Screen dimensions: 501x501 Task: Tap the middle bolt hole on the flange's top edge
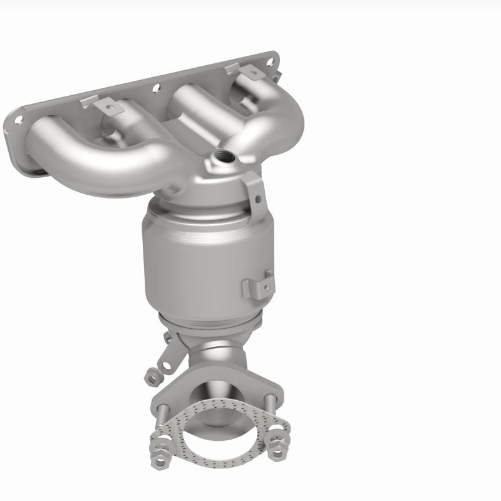coord(155,88)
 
